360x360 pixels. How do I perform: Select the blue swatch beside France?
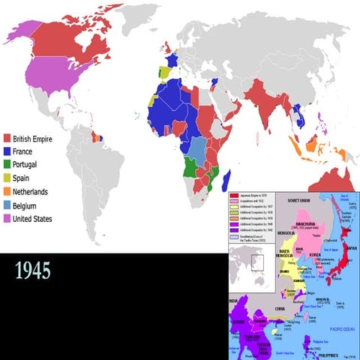pos(7,151)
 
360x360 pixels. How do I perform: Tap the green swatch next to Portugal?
pos(7,164)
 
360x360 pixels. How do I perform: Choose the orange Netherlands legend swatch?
pos(7,191)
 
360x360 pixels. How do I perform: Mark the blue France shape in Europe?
pos(171,58)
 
